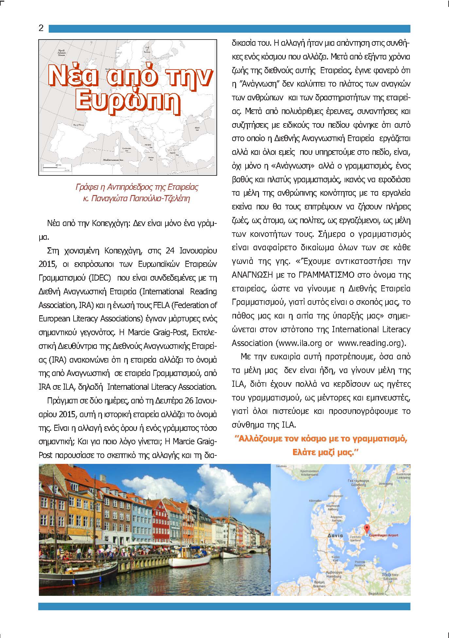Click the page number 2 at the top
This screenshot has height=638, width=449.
(x=41, y=28)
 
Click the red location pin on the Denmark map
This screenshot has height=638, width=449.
(x=366, y=528)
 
